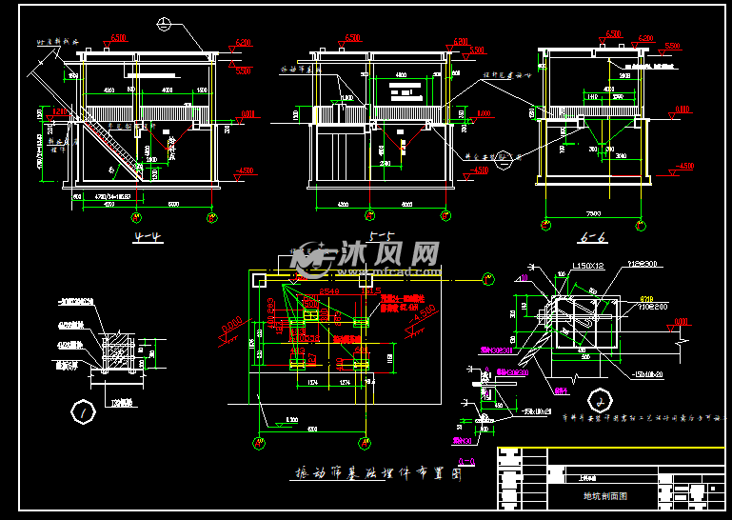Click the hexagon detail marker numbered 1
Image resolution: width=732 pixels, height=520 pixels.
84,412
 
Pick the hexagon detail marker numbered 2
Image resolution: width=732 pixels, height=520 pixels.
599,397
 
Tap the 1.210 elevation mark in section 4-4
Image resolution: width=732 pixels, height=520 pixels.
59,112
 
